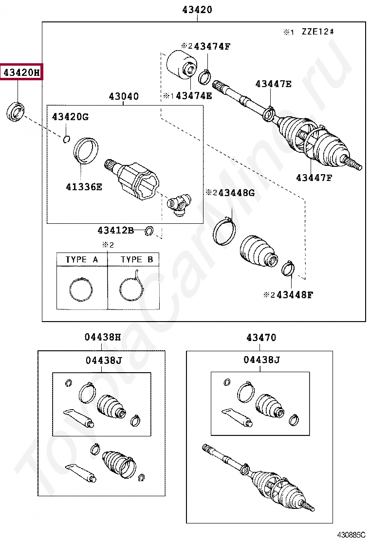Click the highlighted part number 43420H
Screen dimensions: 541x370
[x=21, y=73]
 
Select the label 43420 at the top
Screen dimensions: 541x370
[x=197, y=9]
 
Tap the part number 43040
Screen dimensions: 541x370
[x=124, y=96]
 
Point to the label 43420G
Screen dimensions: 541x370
[x=71, y=117]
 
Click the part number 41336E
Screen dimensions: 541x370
[x=84, y=185]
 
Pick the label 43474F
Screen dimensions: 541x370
[x=212, y=46]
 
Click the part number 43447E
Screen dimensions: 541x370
[x=273, y=84]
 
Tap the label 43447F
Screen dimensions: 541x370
[x=314, y=178]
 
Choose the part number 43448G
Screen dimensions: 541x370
[x=236, y=193]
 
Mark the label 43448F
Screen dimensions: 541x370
[x=295, y=294]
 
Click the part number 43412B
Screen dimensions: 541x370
[x=115, y=230]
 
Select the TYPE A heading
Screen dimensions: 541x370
[x=82, y=260]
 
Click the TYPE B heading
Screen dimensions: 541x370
[x=137, y=260]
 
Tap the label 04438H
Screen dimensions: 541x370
[x=102, y=337]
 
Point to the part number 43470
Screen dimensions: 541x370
[x=261, y=337]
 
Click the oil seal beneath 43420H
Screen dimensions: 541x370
[x=17, y=111]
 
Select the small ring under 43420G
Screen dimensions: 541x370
[x=67, y=140]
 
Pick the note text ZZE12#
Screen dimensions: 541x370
[x=317, y=32]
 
